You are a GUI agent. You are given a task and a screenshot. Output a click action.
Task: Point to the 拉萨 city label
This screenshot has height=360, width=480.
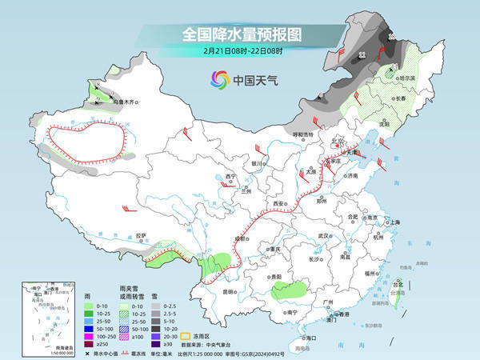141,235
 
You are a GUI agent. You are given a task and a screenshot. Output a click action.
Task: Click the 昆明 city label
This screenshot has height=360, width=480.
230,291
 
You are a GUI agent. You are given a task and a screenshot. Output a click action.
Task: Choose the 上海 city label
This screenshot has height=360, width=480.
393,222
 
